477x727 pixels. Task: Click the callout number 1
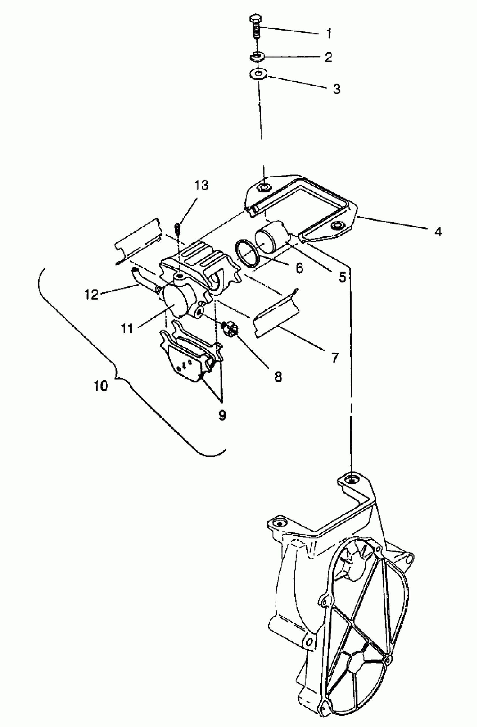click(x=329, y=34)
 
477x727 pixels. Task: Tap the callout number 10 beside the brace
click(x=101, y=386)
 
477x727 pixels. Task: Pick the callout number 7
click(x=335, y=357)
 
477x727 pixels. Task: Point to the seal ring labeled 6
click(x=247, y=253)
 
